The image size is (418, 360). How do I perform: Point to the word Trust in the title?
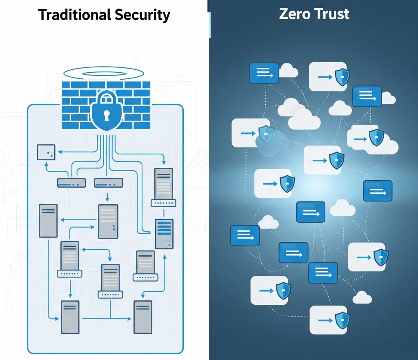coord(332,14)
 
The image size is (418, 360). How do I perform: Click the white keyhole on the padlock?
coord(106,116)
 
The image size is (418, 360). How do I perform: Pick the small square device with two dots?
coord(46,152)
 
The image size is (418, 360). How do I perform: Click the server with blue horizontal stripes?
coord(164,234)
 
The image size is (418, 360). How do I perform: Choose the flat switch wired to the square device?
coord(71,183)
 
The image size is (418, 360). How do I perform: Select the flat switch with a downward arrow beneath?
coord(108,183)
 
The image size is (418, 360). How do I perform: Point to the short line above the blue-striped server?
coord(164,213)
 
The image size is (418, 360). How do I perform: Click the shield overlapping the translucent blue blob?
coord(265,134)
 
